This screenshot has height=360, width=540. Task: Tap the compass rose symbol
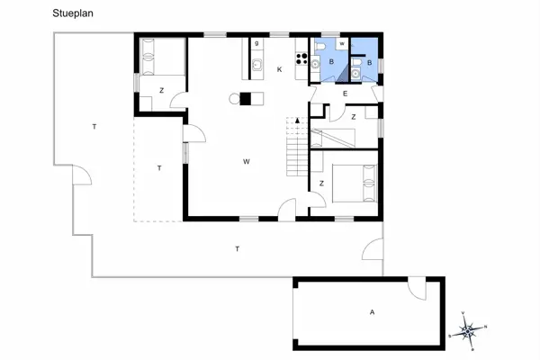click(x=469, y=330)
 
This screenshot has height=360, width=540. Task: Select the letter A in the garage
click(x=371, y=312)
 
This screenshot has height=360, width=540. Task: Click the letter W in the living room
click(x=246, y=162)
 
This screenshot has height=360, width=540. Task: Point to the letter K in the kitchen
click(x=280, y=70)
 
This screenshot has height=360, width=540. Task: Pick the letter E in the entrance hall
click(x=345, y=93)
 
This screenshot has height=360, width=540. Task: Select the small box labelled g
click(x=256, y=42)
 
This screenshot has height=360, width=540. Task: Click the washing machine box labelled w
click(x=343, y=43)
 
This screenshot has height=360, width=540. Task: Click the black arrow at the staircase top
click(x=297, y=120)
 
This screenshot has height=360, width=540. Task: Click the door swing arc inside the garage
click(x=417, y=290)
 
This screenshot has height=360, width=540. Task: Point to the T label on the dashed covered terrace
click(x=159, y=168)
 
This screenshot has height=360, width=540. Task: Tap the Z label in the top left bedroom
click(x=162, y=90)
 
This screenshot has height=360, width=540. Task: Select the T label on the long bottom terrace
click(x=237, y=248)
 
